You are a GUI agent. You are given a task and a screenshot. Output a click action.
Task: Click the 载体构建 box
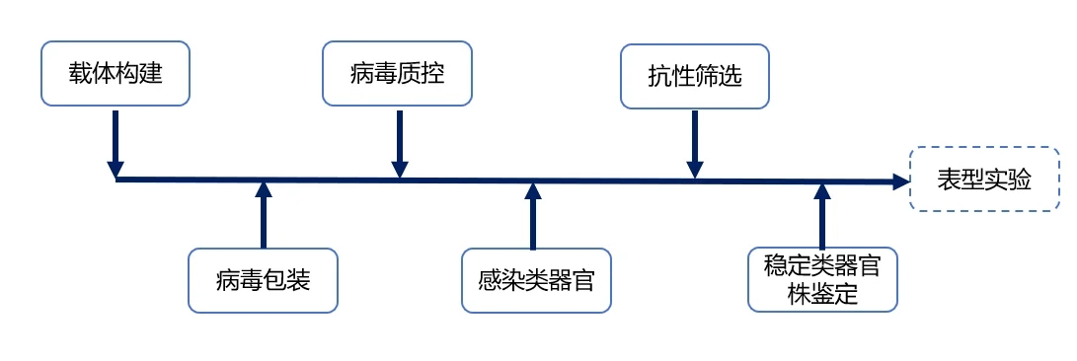tap(115, 73)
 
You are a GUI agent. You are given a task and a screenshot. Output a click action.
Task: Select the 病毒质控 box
tap(398, 73)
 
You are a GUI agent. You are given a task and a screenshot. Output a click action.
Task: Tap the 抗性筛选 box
tap(694, 74)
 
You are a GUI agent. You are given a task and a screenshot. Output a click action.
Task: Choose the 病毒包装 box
tap(263, 280)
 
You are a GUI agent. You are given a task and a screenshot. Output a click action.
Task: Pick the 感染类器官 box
tap(536, 280)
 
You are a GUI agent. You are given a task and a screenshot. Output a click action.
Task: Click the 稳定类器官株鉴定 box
tap(822, 279)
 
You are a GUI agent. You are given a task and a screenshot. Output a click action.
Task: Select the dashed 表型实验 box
tap(984, 179)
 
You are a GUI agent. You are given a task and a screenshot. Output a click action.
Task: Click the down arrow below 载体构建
tap(115, 143)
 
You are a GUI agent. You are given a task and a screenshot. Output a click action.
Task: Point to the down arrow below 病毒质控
tap(399, 143)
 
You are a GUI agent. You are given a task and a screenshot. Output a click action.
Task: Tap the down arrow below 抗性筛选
tap(695, 143)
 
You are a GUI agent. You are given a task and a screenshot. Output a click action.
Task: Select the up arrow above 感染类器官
tap(533, 215)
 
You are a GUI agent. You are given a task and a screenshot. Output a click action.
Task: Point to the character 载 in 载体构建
tap(80, 73)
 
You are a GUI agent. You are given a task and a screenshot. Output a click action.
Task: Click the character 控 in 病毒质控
tap(434, 73)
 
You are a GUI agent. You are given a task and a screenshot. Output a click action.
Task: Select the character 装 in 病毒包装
tap(299, 280)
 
